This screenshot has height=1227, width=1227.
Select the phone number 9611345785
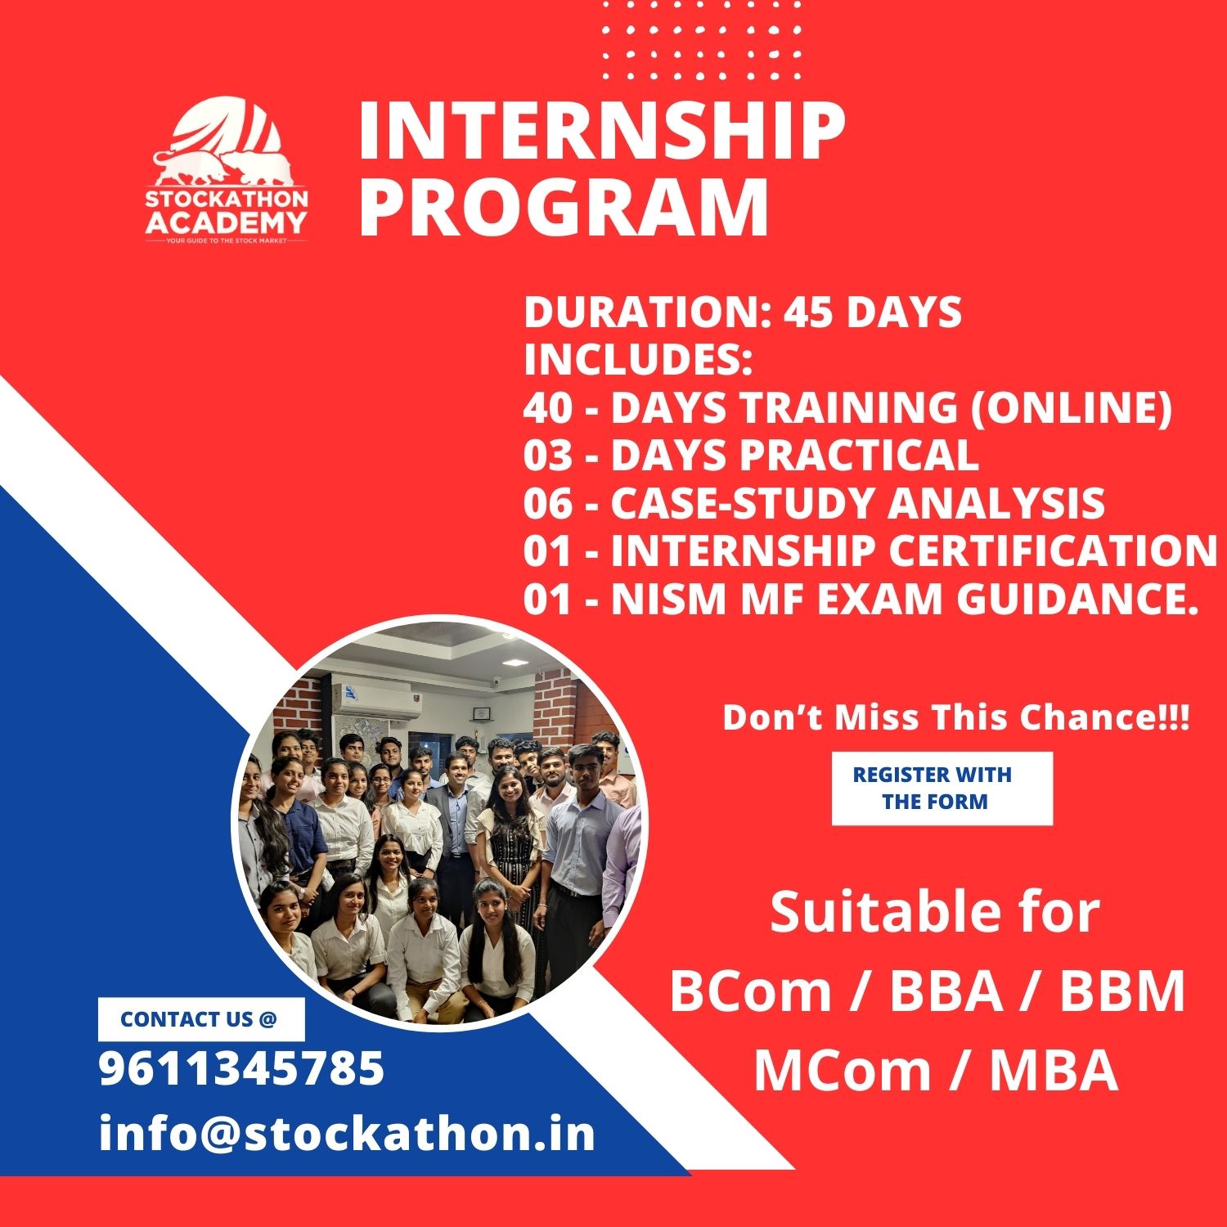coord(241,1068)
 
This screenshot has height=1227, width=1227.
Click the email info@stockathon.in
coord(347,1134)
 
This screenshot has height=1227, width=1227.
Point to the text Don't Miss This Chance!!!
coord(955,717)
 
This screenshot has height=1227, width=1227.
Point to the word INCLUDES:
coord(638,360)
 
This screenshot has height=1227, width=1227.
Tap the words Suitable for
coord(935,912)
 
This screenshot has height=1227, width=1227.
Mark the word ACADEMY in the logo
coord(227,222)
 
